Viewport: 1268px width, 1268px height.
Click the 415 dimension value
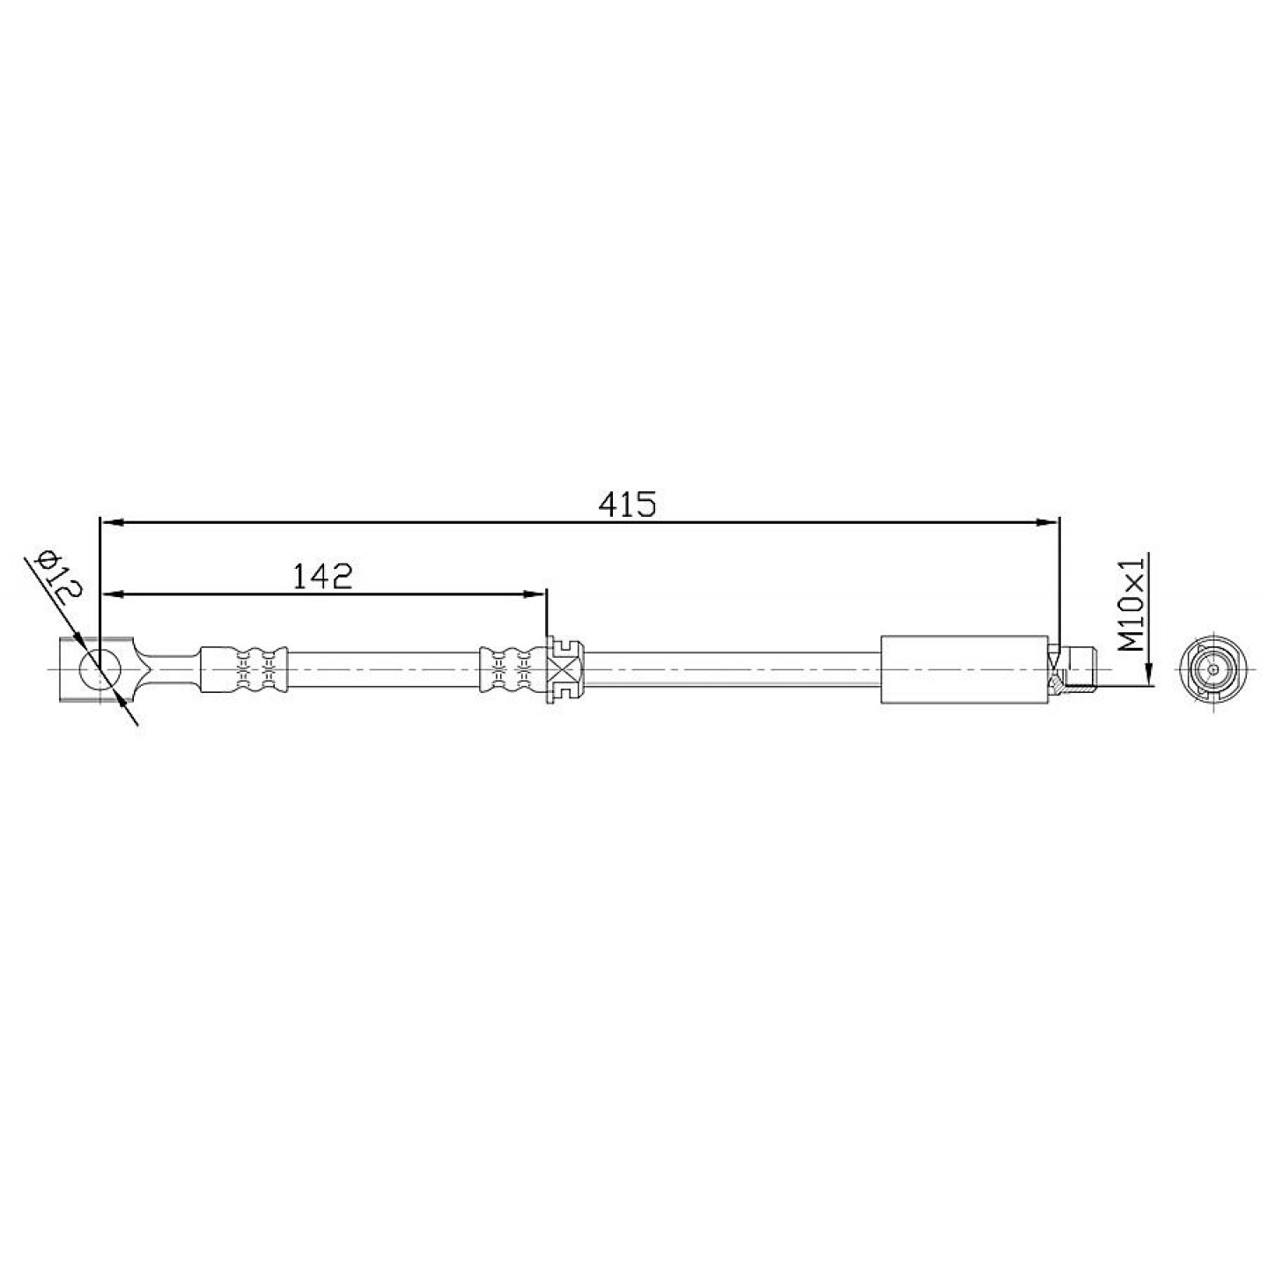[626, 505]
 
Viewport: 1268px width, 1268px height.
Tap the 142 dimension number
[322, 577]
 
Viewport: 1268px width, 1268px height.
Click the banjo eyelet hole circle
[100, 668]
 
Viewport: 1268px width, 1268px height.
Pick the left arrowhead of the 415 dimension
[114, 522]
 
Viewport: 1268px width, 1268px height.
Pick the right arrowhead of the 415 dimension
[1047, 522]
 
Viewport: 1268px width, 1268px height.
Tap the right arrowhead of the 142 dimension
[534, 594]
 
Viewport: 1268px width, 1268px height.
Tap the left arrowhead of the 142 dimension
[114, 594]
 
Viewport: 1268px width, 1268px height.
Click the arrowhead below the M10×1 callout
[1148, 673]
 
